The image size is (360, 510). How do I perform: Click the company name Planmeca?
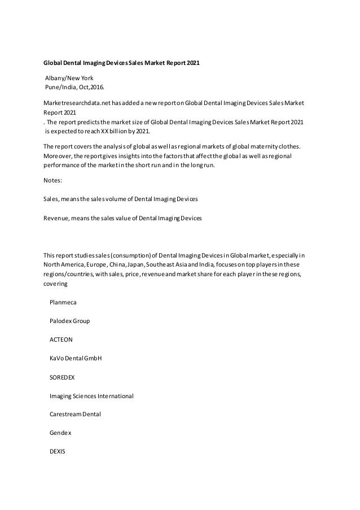tap(65, 302)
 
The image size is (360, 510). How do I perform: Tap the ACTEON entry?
tap(62, 339)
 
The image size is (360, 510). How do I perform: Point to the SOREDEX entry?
tap(63, 377)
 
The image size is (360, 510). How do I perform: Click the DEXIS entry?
tap(58, 451)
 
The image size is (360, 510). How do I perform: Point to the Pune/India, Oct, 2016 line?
tap(74, 87)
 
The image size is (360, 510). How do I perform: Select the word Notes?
tap(54, 181)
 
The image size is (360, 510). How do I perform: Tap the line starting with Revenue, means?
tap(122, 217)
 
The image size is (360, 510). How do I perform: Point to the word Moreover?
tap(59, 155)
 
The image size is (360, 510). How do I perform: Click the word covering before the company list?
tap(56, 284)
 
